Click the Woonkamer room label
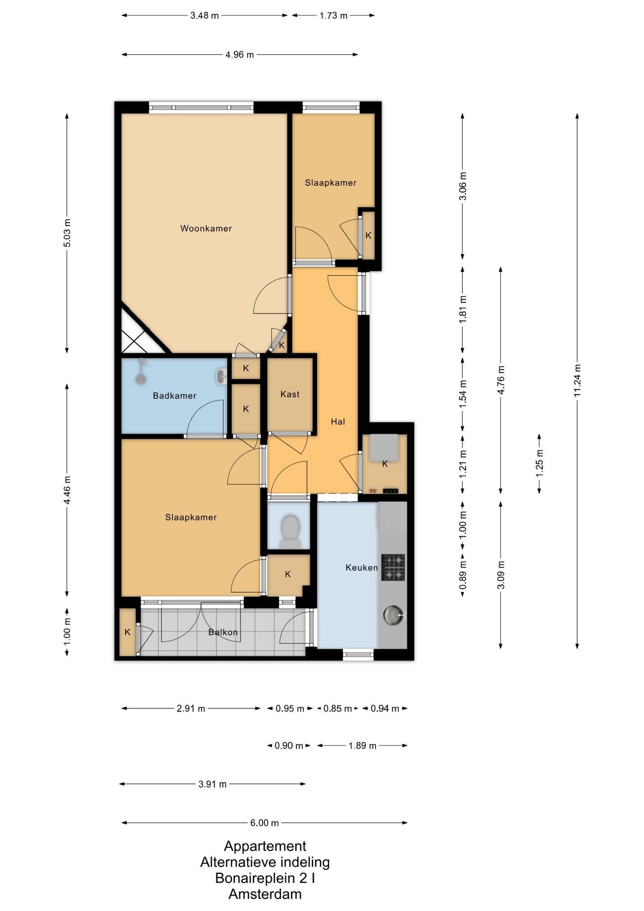[x=206, y=228]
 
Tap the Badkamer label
[x=175, y=396]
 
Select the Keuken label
[x=361, y=567]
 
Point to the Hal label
[x=338, y=421]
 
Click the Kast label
[x=290, y=394]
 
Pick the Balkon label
[x=223, y=632]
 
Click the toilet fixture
[x=290, y=531]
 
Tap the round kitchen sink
[x=393, y=615]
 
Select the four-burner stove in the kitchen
[x=393, y=567]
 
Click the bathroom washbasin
[x=221, y=377]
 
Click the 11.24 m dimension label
[x=577, y=381]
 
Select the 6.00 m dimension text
[x=265, y=823]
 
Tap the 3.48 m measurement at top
[x=204, y=15]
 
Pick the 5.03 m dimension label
[x=67, y=232]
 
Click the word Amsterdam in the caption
[x=265, y=894]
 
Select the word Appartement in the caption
[x=265, y=846]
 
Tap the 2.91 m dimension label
[x=191, y=708]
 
